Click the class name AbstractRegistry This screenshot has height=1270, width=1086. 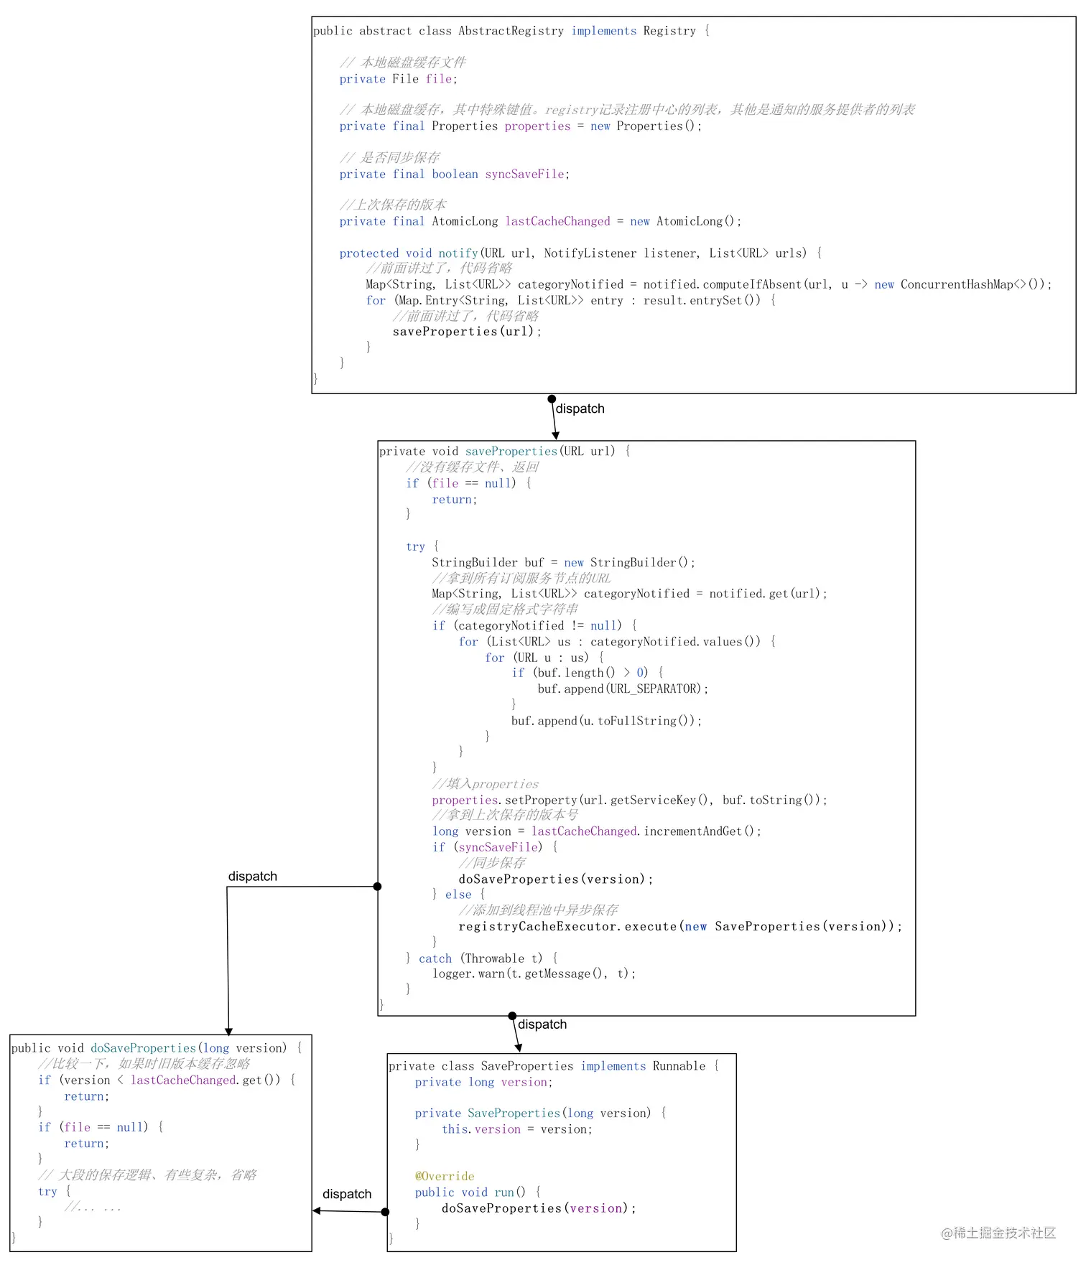(511, 31)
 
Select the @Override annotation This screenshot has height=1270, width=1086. (444, 1176)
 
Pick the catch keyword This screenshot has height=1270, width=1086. (435, 958)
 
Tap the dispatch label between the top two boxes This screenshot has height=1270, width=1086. (580, 408)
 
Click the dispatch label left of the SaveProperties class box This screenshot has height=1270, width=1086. (347, 1194)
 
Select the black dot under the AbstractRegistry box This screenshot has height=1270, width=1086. (552, 399)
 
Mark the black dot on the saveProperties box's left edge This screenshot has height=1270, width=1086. (377, 887)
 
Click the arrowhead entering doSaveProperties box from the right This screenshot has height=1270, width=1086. (317, 1210)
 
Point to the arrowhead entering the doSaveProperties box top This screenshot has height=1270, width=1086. (228, 1032)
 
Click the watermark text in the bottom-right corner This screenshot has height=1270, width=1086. (998, 1233)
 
